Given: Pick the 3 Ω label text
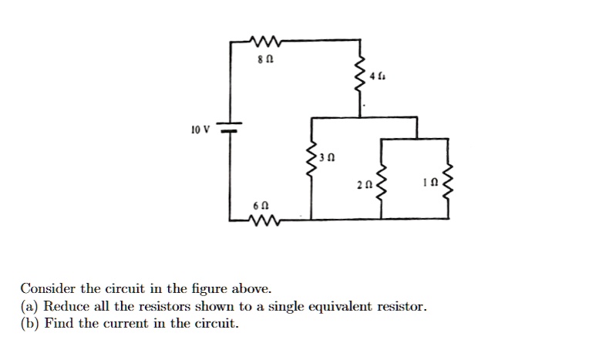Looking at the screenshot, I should pos(330,156).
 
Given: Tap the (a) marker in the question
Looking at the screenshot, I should pos(29,307).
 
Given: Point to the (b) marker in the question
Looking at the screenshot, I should pos(30,324).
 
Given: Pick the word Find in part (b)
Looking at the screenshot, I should pos(58,324).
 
